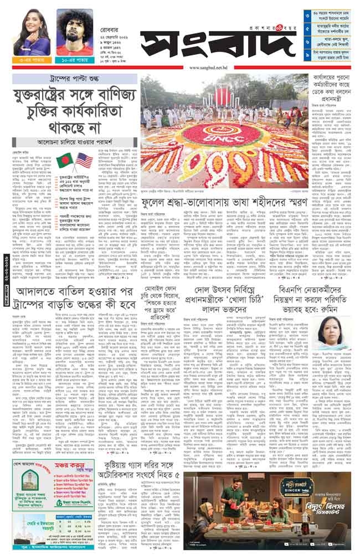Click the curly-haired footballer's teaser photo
coord(74,32)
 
